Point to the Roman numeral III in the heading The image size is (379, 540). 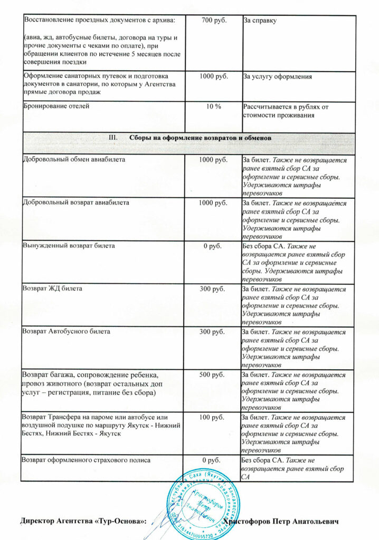pyautogui.click(x=112, y=137)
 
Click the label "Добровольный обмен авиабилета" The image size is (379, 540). pyautogui.click(x=74, y=159)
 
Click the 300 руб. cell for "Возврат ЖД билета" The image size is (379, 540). pyautogui.click(x=213, y=288)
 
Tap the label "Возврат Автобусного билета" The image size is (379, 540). pyautogui.click(x=66, y=332)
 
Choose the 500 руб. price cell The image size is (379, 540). pyautogui.click(x=213, y=375)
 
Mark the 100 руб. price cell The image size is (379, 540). pyautogui.click(x=213, y=418)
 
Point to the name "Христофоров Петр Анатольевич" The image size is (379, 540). pyautogui.click(x=280, y=522)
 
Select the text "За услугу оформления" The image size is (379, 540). pyautogui.click(x=277, y=76)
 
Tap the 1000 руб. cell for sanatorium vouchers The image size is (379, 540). pyautogui.click(x=213, y=76)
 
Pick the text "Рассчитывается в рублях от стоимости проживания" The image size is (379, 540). pyautogui.click(x=286, y=111)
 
